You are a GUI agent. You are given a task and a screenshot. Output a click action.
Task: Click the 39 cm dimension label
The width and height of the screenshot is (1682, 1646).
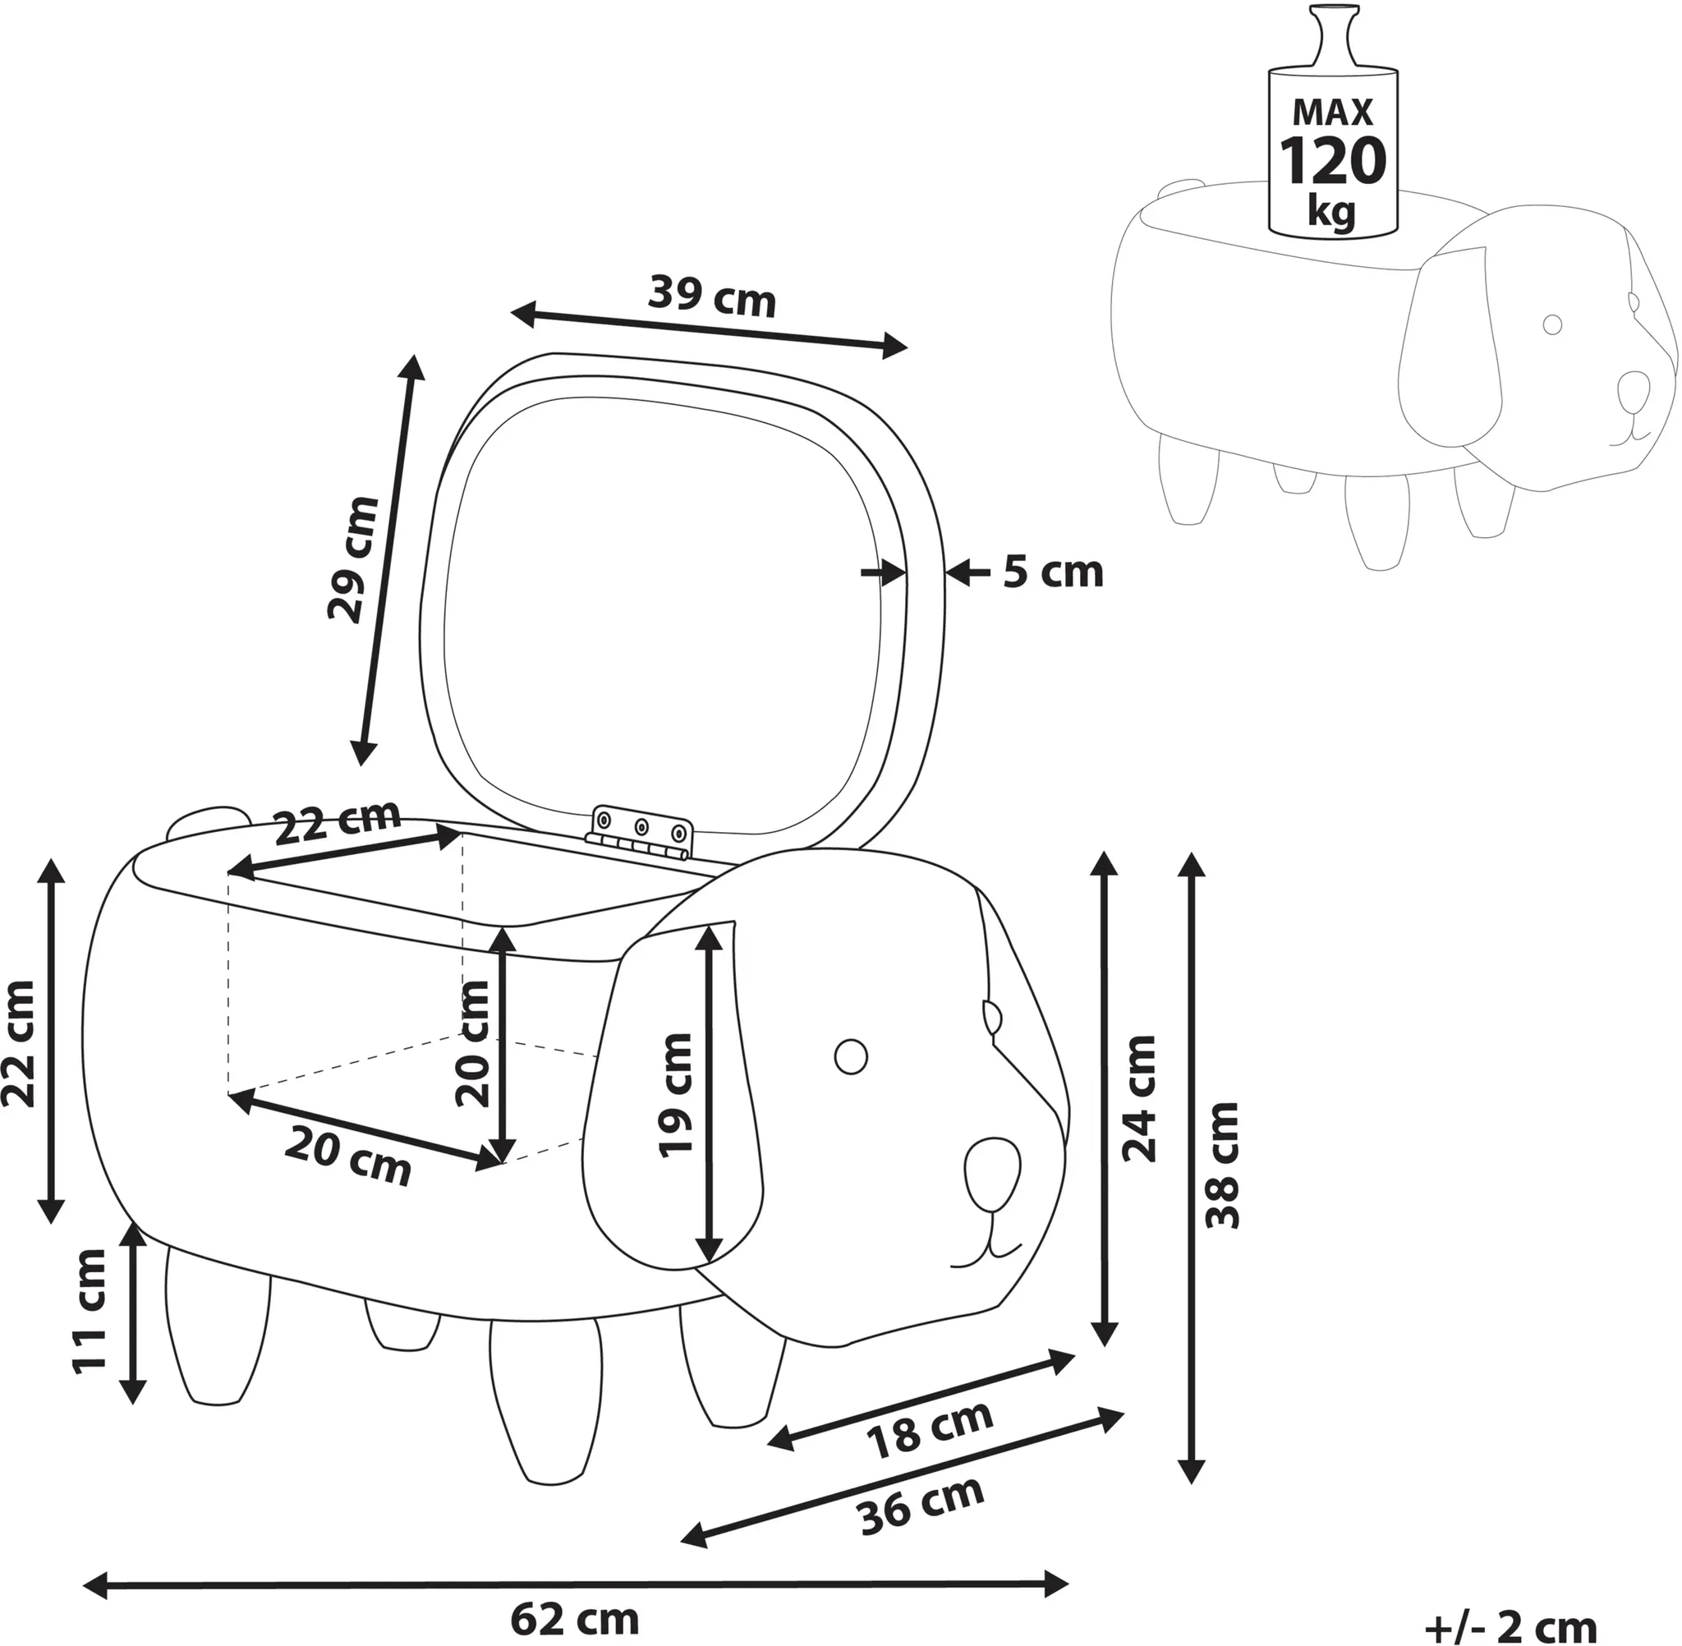pos(712,296)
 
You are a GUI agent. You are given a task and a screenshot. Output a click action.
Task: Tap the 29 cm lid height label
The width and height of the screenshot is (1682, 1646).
pos(353,559)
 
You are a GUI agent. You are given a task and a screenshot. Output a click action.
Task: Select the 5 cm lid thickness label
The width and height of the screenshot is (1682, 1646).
pos(1053,572)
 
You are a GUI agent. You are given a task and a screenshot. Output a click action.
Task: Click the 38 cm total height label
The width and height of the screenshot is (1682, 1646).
pos(1223,1166)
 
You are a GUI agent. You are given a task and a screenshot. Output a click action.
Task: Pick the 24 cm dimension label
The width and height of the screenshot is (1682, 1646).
pos(1139,1098)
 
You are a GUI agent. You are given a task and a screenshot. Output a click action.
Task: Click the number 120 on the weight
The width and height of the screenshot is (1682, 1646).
pos(1332,161)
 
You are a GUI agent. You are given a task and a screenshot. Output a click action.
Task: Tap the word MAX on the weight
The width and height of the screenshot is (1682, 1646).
pos(1333,113)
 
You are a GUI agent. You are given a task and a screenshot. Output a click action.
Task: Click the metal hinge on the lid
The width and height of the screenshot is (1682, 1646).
pos(641,832)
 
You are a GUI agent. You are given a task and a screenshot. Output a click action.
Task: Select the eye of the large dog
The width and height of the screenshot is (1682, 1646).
pos(851,1055)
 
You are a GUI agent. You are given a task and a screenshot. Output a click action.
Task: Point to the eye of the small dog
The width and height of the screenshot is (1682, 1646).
pos(1552,324)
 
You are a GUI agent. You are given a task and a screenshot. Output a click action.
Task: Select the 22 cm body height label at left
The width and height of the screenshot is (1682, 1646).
pos(19,1043)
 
